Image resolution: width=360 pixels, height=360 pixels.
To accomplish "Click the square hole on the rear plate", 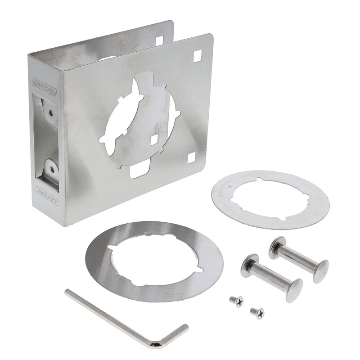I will pos(159,40).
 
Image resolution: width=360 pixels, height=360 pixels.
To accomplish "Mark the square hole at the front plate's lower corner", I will pos(191,157).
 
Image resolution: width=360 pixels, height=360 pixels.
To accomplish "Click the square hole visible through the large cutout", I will pos(154,140).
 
